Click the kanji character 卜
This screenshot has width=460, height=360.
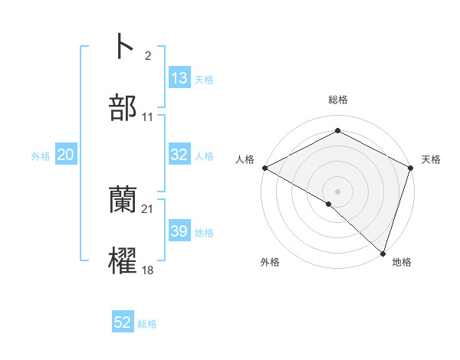[x=123, y=47]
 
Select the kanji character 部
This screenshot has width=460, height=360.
[x=123, y=108]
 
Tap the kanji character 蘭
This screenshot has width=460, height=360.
[x=123, y=200]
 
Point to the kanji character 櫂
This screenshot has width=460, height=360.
[x=123, y=261]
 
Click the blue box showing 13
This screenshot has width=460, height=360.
[x=179, y=78]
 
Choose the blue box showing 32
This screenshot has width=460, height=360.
[x=179, y=155]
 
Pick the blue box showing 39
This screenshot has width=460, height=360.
[x=179, y=231]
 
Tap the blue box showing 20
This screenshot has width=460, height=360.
[x=65, y=155]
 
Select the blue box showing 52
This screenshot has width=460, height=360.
[x=123, y=322]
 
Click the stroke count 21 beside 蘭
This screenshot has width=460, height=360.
[x=148, y=209]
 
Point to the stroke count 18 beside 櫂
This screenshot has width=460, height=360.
[x=148, y=270]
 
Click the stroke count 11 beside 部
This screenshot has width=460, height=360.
[x=148, y=117]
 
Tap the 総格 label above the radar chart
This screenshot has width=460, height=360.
[x=337, y=100]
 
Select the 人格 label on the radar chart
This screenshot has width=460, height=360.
[x=245, y=159]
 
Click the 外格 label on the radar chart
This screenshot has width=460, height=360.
[x=270, y=262]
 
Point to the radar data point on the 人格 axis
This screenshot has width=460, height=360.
[x=264, y=168]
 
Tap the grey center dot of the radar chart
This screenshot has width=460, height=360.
[x=337, y=191]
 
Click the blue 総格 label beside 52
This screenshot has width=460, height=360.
[x=147, y=324]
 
